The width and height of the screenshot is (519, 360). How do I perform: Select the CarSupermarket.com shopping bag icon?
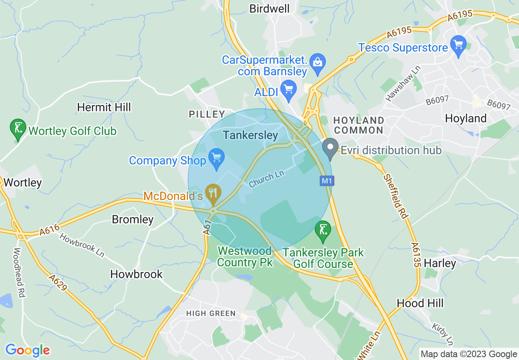pyautogui.click(x=317, y=63)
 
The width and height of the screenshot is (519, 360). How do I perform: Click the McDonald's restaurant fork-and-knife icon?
pyautogui.click(x=213, y=191)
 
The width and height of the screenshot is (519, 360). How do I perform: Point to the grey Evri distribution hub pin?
pyautogui.click(x=330, y=147)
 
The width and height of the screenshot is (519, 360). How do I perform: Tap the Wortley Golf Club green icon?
pyautogui.click(x=17, y=128)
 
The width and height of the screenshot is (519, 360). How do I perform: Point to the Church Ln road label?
pyautogui.click(x=266, y=179)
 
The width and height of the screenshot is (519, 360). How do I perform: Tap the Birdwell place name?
pyautogui.click(x=269, y=9)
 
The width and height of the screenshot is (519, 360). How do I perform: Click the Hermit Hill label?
pyautogui.click(x=104, y=107)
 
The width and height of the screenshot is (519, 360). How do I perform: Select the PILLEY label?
pyautogui.click(x=207, y=115)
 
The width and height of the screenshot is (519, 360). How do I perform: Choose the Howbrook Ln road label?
pyautogui.click(x=82, y=245)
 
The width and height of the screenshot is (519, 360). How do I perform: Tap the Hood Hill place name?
pyautogui.click(x=420, y=303)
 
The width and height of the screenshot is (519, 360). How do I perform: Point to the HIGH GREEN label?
pyautogui.click(x=211, y=313)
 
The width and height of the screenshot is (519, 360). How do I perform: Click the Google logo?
pyautogui.click(x=27, y=350)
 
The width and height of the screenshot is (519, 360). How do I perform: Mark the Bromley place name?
pyautogui.click(x=133, y=220)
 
